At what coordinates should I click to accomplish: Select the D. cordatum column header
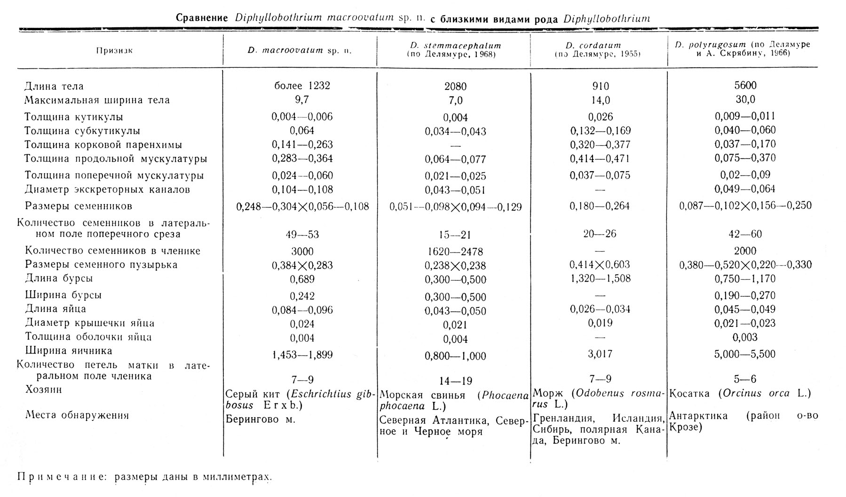pyautogui.click(x=600, y=46)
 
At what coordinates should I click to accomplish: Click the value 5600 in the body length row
pyautogui.click(x=745, y=86)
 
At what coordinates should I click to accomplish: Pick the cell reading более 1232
pyautogui.click(x=302, y=86)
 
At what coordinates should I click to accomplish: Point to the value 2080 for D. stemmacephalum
pyautogui.click(x=455, y=87)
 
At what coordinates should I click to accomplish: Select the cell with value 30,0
pyautogui.click(x=745, y=100)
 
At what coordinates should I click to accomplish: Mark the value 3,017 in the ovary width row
pyautogui.click(x=601, y=354)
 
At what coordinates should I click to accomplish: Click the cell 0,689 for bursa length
pyautogui.click(x=302, y=279)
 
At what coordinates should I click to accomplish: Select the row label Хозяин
pyautogui.click(x=43, y=389)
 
